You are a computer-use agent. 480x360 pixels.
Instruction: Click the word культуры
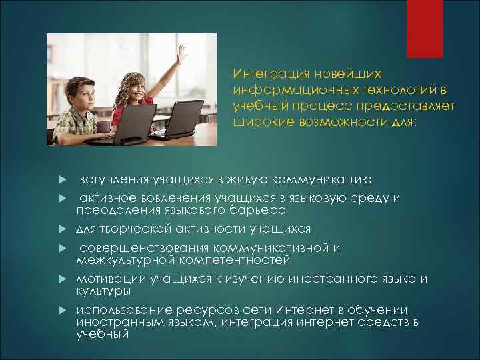[103, 291]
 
